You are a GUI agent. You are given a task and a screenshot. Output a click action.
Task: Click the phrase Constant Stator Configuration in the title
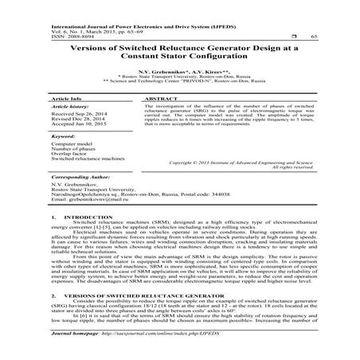tap(180, 57)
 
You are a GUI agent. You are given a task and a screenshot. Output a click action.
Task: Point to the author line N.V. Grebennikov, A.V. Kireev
tap(180, 70)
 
